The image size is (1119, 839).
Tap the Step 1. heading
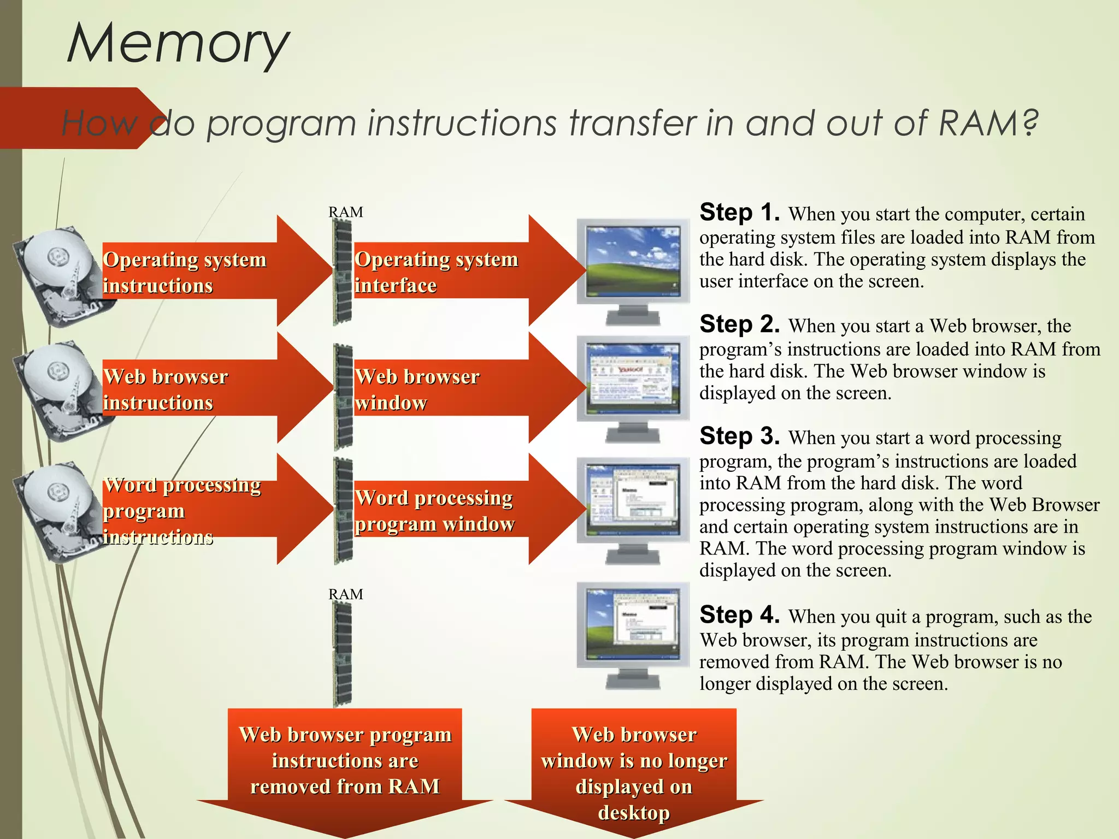pyautogui.click(x=740, y=212)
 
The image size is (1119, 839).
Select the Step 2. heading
pyautogui.click(x=740, y=324)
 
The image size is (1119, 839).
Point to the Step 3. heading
pyautogui.click(x=740, y=436)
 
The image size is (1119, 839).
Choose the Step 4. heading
pyautogui.click(x=740, y=615)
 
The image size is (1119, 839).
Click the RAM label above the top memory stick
pyautogui.click(x=345, y=212)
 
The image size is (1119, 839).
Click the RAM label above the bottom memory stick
pyautogui.click(x=345, y=594)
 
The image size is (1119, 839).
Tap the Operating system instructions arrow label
pyautogui.click(x=185, y=272)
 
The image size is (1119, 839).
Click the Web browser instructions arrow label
pyautogui.click(x=166, y=389)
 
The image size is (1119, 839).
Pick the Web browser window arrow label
pyautogui.click(x=417, y=389)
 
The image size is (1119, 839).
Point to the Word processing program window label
pyautogui.click(x=434, y=510)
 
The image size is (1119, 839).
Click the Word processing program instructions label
pyautogui.click(x=182, y=510)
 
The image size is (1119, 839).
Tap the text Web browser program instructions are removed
pyautogui.click(x=345, y=760)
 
